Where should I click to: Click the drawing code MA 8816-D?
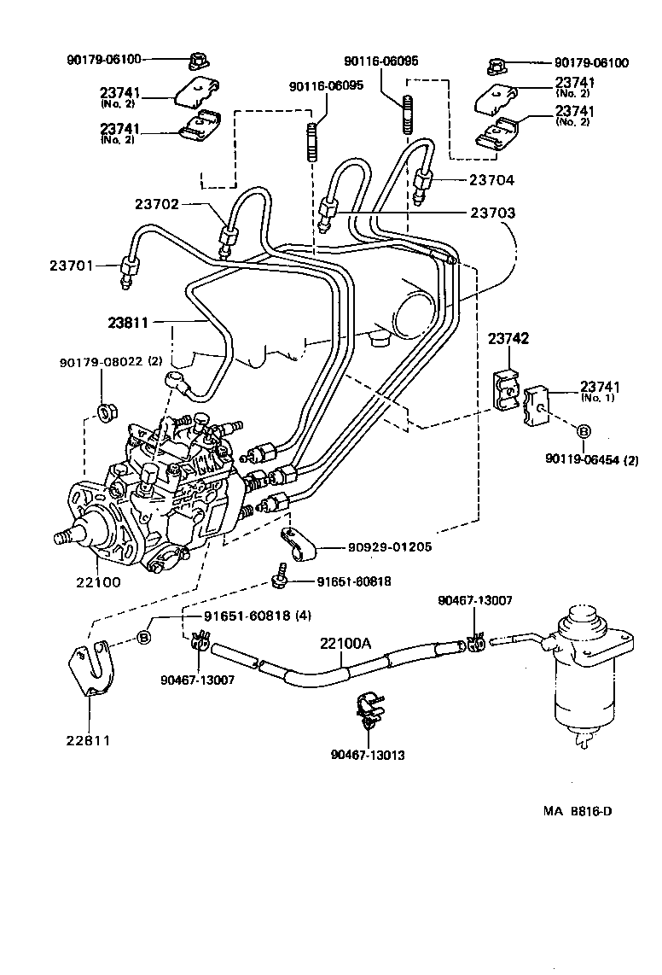point(578,811)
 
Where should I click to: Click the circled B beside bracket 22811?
point(144,637)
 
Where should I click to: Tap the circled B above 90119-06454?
point(584,432)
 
